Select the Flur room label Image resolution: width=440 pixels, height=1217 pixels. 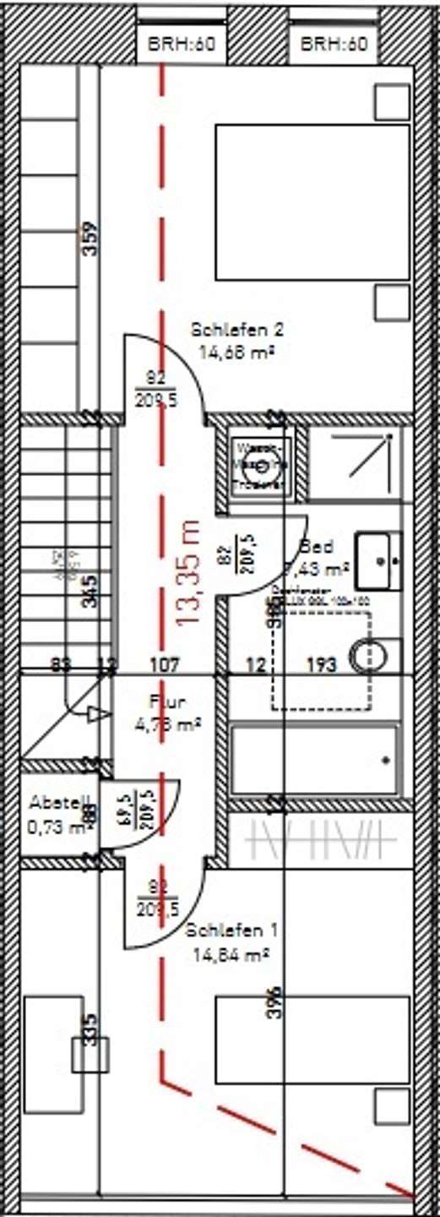pyautogui.click(x=166, y=701)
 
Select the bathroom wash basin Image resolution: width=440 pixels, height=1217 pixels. pyautogui.click(x=378, y=559)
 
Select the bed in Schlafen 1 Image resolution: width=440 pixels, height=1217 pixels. pyautogui.click(x=312, y=1073)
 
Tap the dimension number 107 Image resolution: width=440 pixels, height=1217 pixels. pyautogui.click(x=165, y=665)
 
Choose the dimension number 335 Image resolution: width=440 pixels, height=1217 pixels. pyautogui.click(x=90, y=1031)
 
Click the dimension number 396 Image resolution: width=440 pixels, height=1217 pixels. pyautogui.click(x=273, y=1004)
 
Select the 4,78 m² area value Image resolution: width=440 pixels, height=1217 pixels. pyautogui.click(x=166, y=723)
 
